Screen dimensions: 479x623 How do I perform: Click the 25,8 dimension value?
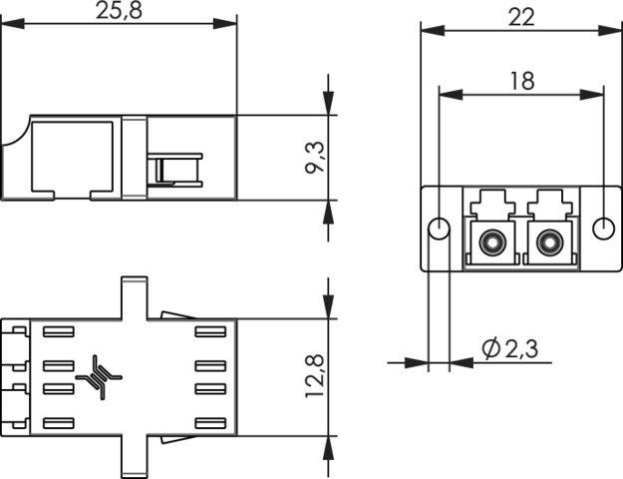point(119,11)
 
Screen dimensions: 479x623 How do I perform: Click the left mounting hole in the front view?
point(438,229)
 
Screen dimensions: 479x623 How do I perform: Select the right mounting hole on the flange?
point(602,229)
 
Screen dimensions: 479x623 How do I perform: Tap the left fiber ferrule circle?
point(490,241)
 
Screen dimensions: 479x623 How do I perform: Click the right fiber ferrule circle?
point(547,241)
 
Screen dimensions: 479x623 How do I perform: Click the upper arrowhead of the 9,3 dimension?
point(330,107)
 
